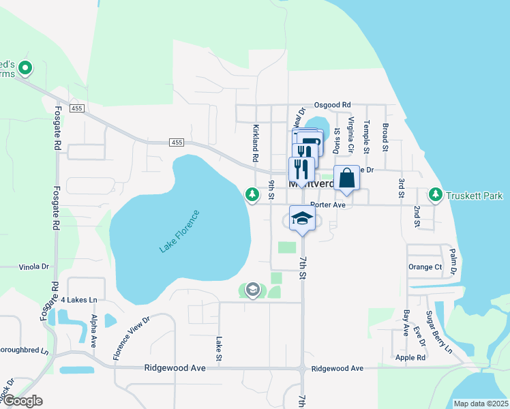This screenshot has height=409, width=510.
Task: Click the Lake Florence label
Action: [x=181, y=232]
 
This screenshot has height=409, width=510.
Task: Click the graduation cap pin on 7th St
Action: [x=302, y=219]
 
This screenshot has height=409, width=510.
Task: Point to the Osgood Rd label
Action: [x=332, y=105]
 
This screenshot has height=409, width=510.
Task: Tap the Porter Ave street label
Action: [x=328, y=204]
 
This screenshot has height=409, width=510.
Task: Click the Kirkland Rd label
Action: [x=256, y=142]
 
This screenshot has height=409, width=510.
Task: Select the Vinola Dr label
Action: [x=34, y=267]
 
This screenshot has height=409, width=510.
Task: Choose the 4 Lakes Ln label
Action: [x=79, y=299]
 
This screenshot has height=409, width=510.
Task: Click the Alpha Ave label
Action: [x=93, y=329]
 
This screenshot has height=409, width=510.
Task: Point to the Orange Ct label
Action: [x=425, y=267]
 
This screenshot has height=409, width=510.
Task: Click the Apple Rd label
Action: [x=410, y=357]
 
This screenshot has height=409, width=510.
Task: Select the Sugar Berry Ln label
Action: [x=438, y=331]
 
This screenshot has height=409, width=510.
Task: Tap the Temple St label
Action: [x=366, y=135]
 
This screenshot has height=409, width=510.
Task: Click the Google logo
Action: [x=22, y=401]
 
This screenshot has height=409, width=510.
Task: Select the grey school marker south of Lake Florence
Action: [x=253, y=290]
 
